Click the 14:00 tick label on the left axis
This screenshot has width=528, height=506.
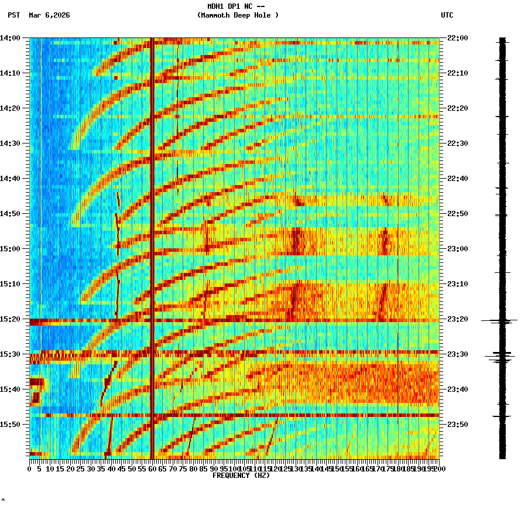10,38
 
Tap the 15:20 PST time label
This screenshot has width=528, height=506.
10,319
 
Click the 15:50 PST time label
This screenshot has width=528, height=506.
10,425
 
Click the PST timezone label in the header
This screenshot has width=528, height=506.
14,15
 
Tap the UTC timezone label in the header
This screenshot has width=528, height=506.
447,15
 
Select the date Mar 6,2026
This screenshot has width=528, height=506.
49,15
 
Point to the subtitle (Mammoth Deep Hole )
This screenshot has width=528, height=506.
238,15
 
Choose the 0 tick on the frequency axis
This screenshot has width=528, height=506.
30,469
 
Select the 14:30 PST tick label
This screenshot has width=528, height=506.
10,143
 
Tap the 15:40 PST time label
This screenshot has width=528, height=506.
10,389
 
